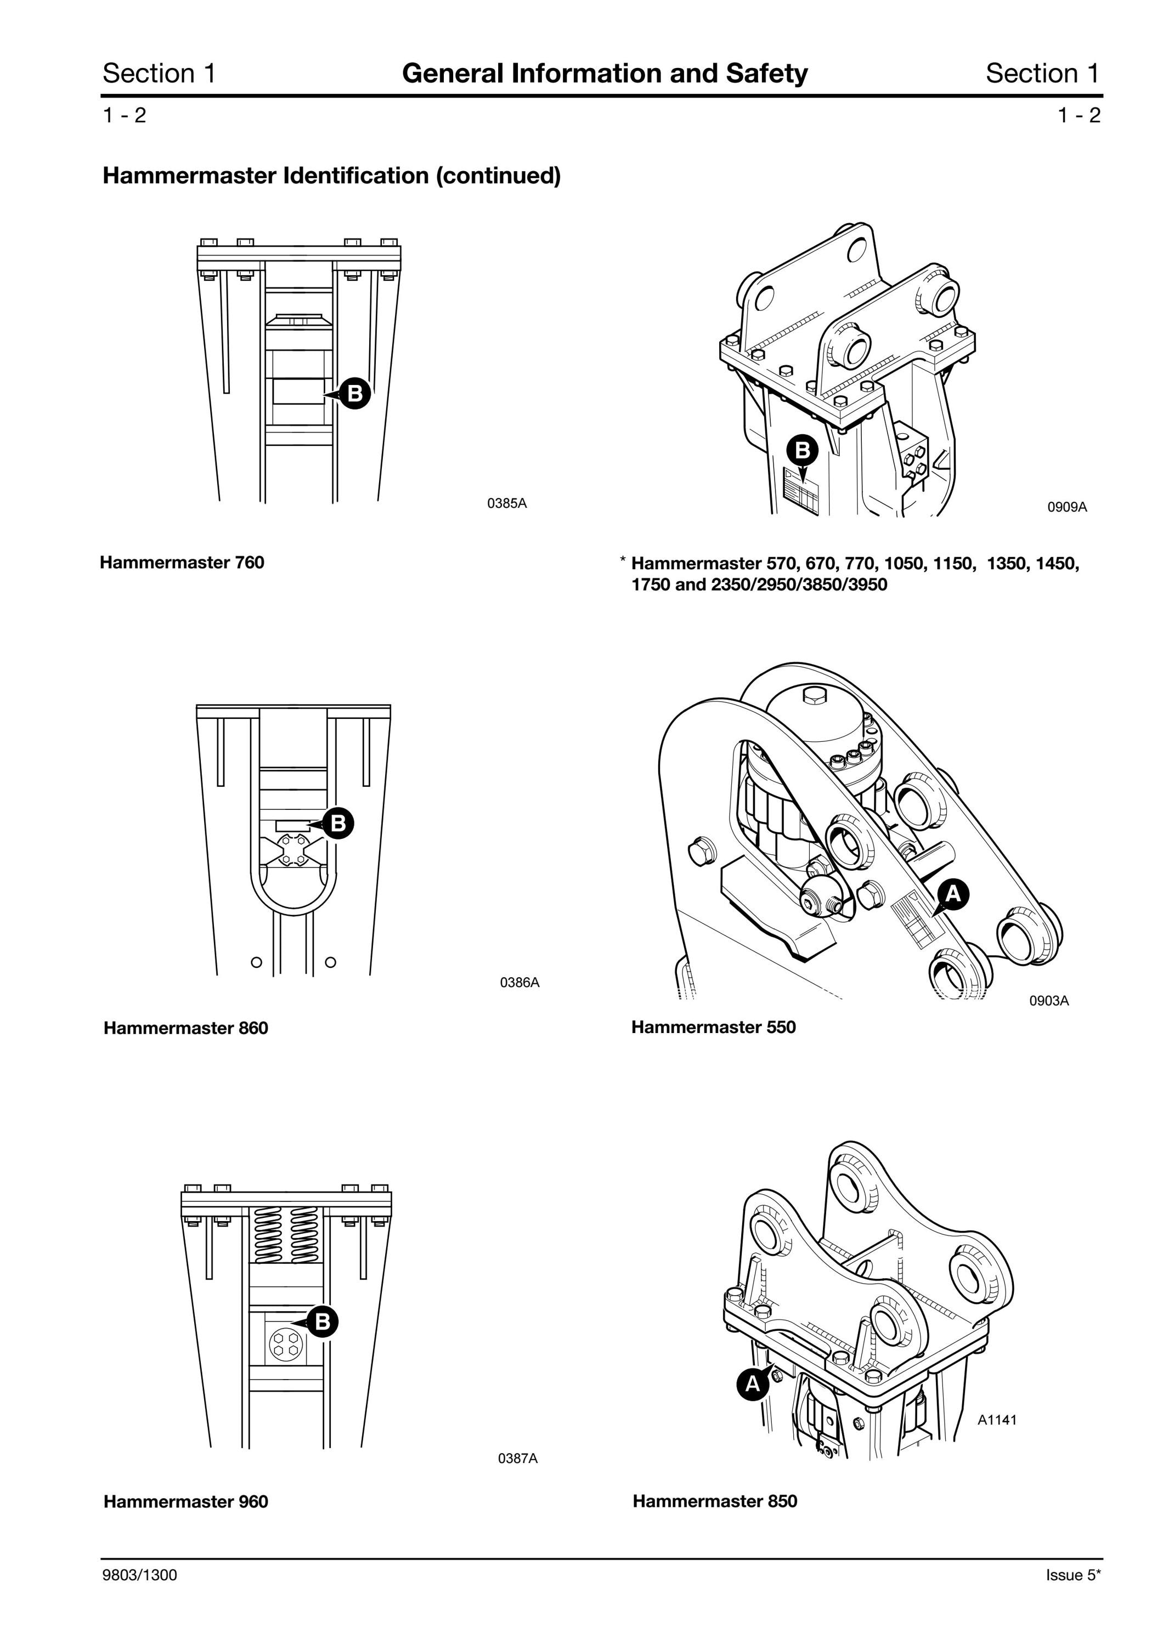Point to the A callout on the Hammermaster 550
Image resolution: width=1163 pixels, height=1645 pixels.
click(x=952, y=893)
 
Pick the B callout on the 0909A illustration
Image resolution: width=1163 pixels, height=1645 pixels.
click(x=803, y=450)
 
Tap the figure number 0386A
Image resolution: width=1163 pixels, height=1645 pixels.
click(x=520, y=982)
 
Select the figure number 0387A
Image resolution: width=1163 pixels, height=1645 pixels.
click(x=517, y=1458)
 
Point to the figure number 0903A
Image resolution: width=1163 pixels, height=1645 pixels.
click(x=1049, y=1001)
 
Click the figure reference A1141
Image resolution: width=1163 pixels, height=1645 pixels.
click(x=997, y=1419)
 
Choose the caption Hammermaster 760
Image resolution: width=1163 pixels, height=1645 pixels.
click(x=182, y=563)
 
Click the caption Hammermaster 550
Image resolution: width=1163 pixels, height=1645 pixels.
click(x=714, y=1028)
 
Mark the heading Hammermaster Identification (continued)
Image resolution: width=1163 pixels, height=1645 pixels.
click(x=332, y=175)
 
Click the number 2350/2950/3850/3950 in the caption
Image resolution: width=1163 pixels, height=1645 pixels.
click(x=799, y=585)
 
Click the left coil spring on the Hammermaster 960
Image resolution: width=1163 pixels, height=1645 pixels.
click(x=268, y=1234)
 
